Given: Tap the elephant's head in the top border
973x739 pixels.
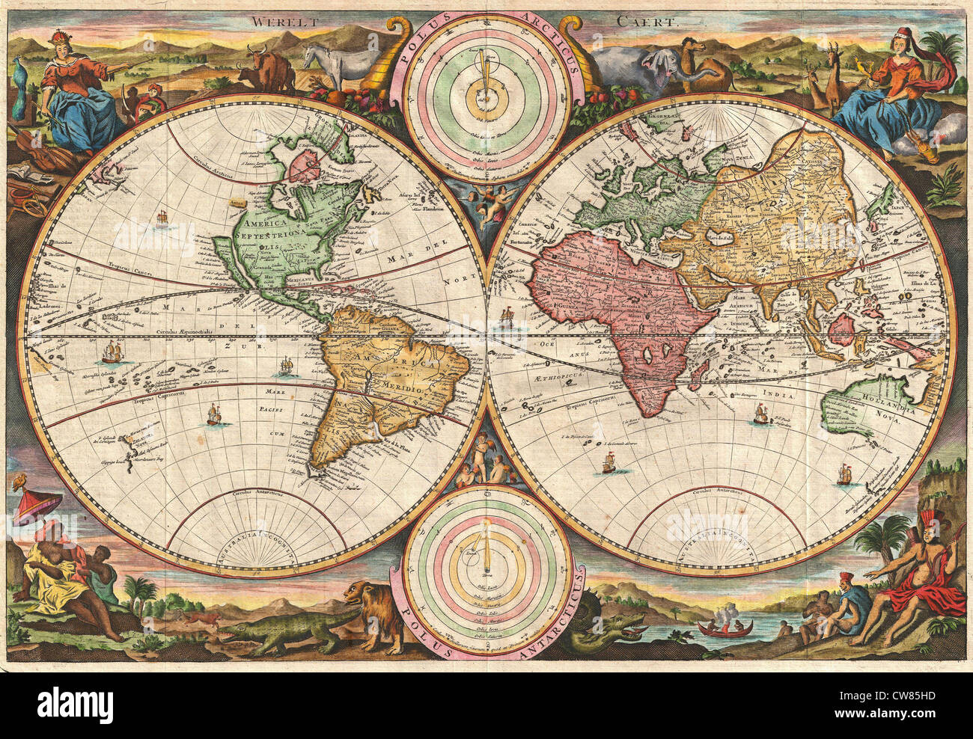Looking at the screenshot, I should (659, 68).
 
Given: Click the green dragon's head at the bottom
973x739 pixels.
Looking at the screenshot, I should (622, 625).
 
